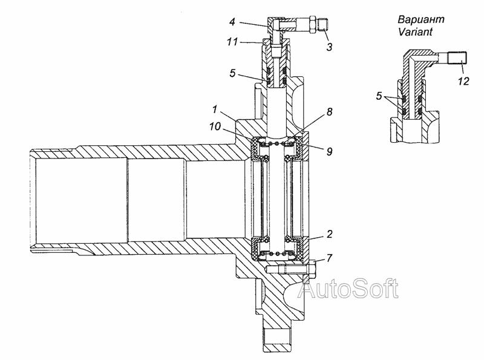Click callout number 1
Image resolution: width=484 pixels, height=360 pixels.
click(215, 110)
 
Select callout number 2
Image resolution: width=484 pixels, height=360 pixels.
click(330, 234)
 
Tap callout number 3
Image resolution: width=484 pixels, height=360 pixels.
click(330, 47)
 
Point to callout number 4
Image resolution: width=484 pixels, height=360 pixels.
click(232, 22)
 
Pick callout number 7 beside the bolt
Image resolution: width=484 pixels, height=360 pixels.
click(330, 258)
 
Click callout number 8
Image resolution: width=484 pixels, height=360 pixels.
click(330, 112)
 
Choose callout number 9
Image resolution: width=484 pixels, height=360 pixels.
click(330, 151)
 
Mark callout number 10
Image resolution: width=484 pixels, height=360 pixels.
click(215, 126)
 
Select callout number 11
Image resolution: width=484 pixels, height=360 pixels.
click(232, 42)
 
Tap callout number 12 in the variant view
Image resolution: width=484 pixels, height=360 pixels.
click(463, 81)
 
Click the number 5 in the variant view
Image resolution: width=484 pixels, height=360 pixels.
click(379, 96)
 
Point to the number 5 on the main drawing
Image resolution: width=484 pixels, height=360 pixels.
click(232, 73)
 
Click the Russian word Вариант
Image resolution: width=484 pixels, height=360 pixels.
click(421, 19)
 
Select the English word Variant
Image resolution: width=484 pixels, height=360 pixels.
click(415, 31)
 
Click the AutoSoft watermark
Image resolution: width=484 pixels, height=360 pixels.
click(348, 289)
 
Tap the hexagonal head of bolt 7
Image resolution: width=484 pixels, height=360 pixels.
click(312, 269)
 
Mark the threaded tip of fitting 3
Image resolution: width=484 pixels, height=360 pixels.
click(323, 24)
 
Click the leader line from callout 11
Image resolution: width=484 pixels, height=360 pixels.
click(251, 42)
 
